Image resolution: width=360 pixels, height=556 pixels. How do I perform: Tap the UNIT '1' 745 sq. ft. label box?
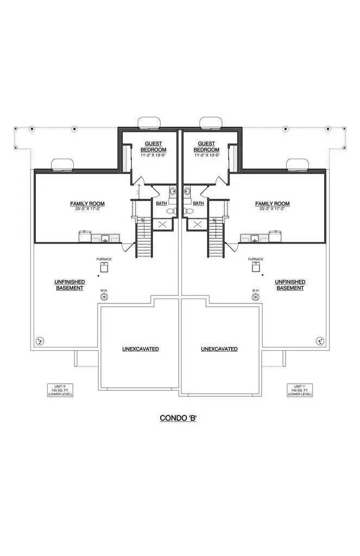tap(300, 390)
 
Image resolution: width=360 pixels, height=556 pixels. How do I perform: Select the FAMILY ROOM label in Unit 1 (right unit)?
tap(273, 206)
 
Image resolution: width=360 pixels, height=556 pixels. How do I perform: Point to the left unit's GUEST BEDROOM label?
tap(153, 148)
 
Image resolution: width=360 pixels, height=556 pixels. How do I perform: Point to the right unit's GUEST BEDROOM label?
tap(206, 148)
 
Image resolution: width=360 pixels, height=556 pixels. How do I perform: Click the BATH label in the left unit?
tap(161, 203)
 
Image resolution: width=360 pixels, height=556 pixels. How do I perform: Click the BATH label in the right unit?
tap(199, 203)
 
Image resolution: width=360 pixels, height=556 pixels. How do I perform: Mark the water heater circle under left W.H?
tap(104, 298)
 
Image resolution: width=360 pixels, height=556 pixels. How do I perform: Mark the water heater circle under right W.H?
tap(256, 298)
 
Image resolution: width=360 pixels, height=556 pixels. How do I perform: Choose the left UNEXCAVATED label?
tap(140, 349)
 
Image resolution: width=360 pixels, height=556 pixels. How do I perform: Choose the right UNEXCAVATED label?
tap(219, 349)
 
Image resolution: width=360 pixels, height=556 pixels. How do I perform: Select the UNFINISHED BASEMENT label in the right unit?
tap(289, 285)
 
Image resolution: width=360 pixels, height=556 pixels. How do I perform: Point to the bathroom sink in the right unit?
tap(188, 191)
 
